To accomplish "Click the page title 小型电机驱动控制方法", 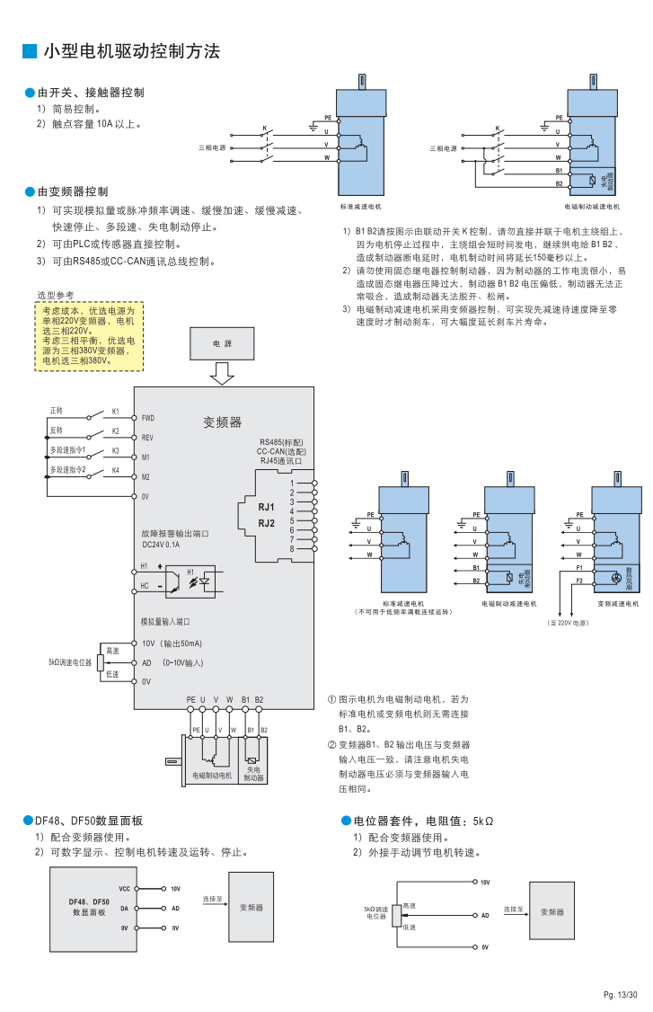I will coord(131,51).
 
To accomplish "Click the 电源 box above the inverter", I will coord(222,343).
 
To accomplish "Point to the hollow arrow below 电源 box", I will coord(222,373).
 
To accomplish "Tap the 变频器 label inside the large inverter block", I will coord(222,422).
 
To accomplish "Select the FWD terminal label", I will coord(148,418).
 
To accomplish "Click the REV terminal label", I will coord(148,438).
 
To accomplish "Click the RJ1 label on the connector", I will coord(266,507).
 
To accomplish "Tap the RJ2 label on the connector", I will coord(266,523).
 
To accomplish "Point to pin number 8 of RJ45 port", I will coord(292,548).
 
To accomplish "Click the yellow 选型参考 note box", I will coord(89,336).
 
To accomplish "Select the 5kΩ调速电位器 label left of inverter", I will coord(70,661).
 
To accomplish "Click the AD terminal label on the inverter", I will coord(146,662).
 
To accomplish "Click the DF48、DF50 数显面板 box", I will coord(91,908).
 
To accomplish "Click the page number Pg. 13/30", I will coord(620,994).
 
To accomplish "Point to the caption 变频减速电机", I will coord(618,603).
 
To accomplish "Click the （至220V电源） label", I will coord(568,622).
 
